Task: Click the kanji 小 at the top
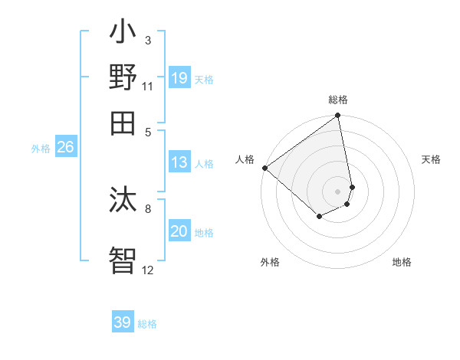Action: pos(123,35)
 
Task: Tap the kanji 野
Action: pos(123,77)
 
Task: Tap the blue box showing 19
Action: pos(179,77)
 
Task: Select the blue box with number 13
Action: pos(179,162)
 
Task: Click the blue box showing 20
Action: pos(179,231)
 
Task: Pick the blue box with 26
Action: pos(65,147)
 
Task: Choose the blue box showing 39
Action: pos(123,322)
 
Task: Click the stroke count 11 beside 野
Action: pos(148,87)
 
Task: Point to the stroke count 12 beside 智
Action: pos(148,270)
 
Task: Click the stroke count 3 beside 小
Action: pos(148,40)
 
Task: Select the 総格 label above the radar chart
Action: pos(338,100)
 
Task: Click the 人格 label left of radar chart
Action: pos(245,159)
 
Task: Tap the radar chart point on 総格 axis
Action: pos(337,116)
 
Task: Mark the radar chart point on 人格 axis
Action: pos(264,168)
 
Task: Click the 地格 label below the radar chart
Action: pos(402,262)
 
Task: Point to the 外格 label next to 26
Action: pos(41,149)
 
